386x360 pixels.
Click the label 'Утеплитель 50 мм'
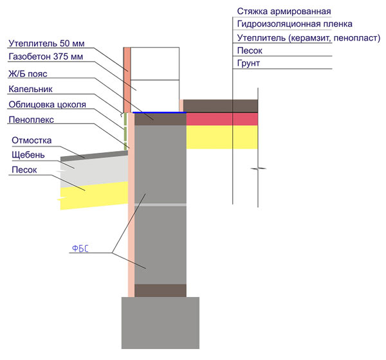(x=46, y=43)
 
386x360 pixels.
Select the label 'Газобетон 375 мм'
(x=46, y=57)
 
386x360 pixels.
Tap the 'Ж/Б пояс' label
(x=28, y=74)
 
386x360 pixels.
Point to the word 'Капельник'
(x=30, y=89)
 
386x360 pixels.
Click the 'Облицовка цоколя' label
(x=47, y=105)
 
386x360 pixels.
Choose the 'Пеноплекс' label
(x=32, y=120)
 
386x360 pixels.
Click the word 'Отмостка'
(x=32, y=141)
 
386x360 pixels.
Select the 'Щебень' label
(x=28, y=155)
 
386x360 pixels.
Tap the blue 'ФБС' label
(x=80, y=249)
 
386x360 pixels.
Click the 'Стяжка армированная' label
(x=284, y=12)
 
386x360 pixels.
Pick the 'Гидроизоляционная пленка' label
(x=295, y=24)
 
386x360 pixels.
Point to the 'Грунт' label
(x=248, y=63)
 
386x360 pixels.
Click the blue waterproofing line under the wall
(x=160, y=113)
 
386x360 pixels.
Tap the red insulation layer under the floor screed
(x=222, y=119)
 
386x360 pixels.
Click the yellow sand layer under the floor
(x=222, y=137)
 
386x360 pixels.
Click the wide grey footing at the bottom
(x=160, y=323)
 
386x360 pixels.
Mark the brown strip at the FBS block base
(x=160, y=291)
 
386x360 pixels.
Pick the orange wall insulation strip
(x=127, y=80)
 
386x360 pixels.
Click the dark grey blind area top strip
(x=95, y=156)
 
